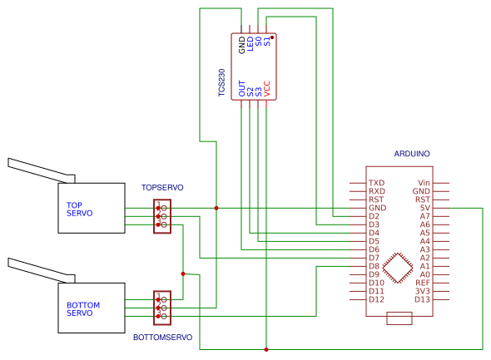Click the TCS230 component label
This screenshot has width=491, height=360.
221,82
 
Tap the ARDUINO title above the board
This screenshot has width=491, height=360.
412,154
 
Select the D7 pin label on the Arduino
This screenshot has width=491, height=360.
374,258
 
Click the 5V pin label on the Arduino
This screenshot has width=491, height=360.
424,208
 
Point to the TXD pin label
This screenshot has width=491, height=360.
376,183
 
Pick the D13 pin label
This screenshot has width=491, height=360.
422,299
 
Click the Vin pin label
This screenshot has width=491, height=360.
424,183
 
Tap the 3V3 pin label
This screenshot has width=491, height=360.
423,291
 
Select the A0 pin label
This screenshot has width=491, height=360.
424,274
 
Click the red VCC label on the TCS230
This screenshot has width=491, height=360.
266,88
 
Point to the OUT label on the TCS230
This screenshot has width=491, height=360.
241,88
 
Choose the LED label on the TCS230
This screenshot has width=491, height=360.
250,44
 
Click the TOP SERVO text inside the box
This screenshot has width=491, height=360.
80,210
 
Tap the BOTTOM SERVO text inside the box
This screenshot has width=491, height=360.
83,309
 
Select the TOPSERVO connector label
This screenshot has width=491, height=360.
162,187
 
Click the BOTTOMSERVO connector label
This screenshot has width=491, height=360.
162,338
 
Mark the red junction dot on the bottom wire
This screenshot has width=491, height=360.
266,349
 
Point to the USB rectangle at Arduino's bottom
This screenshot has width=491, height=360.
399,318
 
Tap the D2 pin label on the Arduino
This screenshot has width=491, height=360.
374,216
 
